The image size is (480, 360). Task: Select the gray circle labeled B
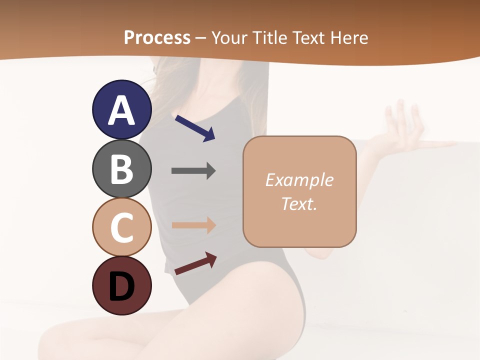[x=121, y=168]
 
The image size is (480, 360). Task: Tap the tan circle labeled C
[x=121, y=227]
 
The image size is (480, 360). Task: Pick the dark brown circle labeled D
[x=121, y=285]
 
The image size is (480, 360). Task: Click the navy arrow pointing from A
[x=194, y=128]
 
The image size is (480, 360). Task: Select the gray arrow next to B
[x=193, y=171]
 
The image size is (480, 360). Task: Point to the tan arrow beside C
[x=193, y=225]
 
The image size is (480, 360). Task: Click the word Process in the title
[x=157, y=37]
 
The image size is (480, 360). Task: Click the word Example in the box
[x=299, y=180]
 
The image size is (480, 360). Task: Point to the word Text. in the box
[x=299, y=203]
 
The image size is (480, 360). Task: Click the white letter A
[x=121, y=110]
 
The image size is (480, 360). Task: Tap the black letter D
[x=121, y=286]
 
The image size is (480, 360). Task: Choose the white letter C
[x=121, y=227]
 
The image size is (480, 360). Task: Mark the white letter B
[x=121, y=169]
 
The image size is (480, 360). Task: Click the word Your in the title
[x=230, y=37]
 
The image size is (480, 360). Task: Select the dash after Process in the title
[x=201, y=38]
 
